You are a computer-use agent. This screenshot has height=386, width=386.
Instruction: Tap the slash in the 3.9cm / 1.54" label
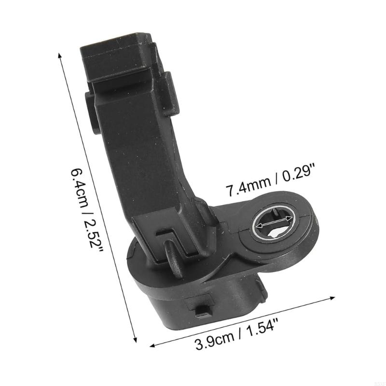(239, 336)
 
